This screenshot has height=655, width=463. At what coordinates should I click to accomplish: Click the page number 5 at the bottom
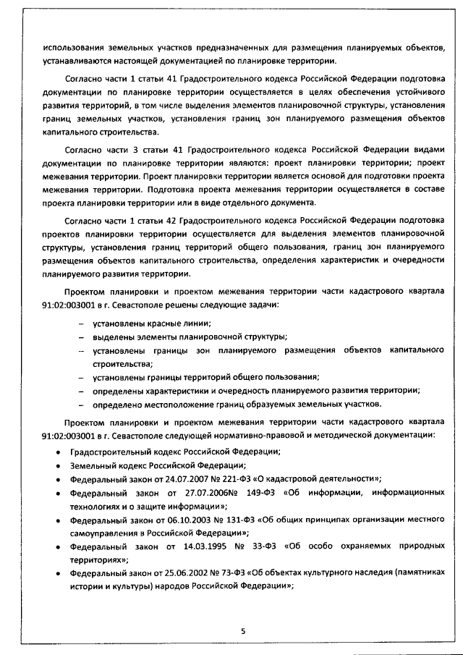[244, 631]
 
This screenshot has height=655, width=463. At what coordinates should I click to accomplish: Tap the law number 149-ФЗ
[290, 492]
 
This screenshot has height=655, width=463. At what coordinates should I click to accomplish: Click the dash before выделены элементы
[80, 337]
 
